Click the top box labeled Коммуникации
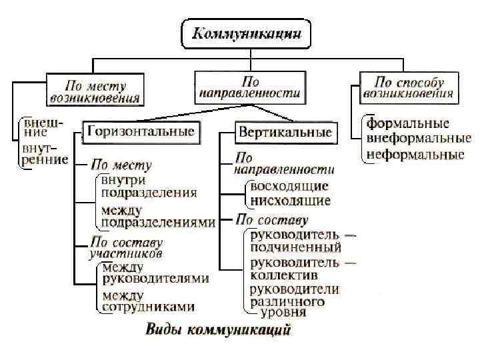click(246, 33)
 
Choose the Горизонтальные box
click(139, 131)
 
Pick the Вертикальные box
click(285, 132)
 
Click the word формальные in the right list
click(408, 124)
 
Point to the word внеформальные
click(415, 139)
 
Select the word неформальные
click(415, 155)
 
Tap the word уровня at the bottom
click(284, 311)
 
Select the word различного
click(287, 301)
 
